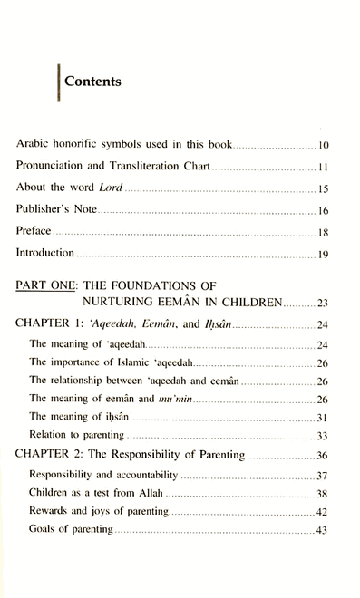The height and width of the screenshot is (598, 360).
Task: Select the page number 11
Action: [x=322, y=168]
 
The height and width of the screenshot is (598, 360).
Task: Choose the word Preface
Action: [x=34, y=234]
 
